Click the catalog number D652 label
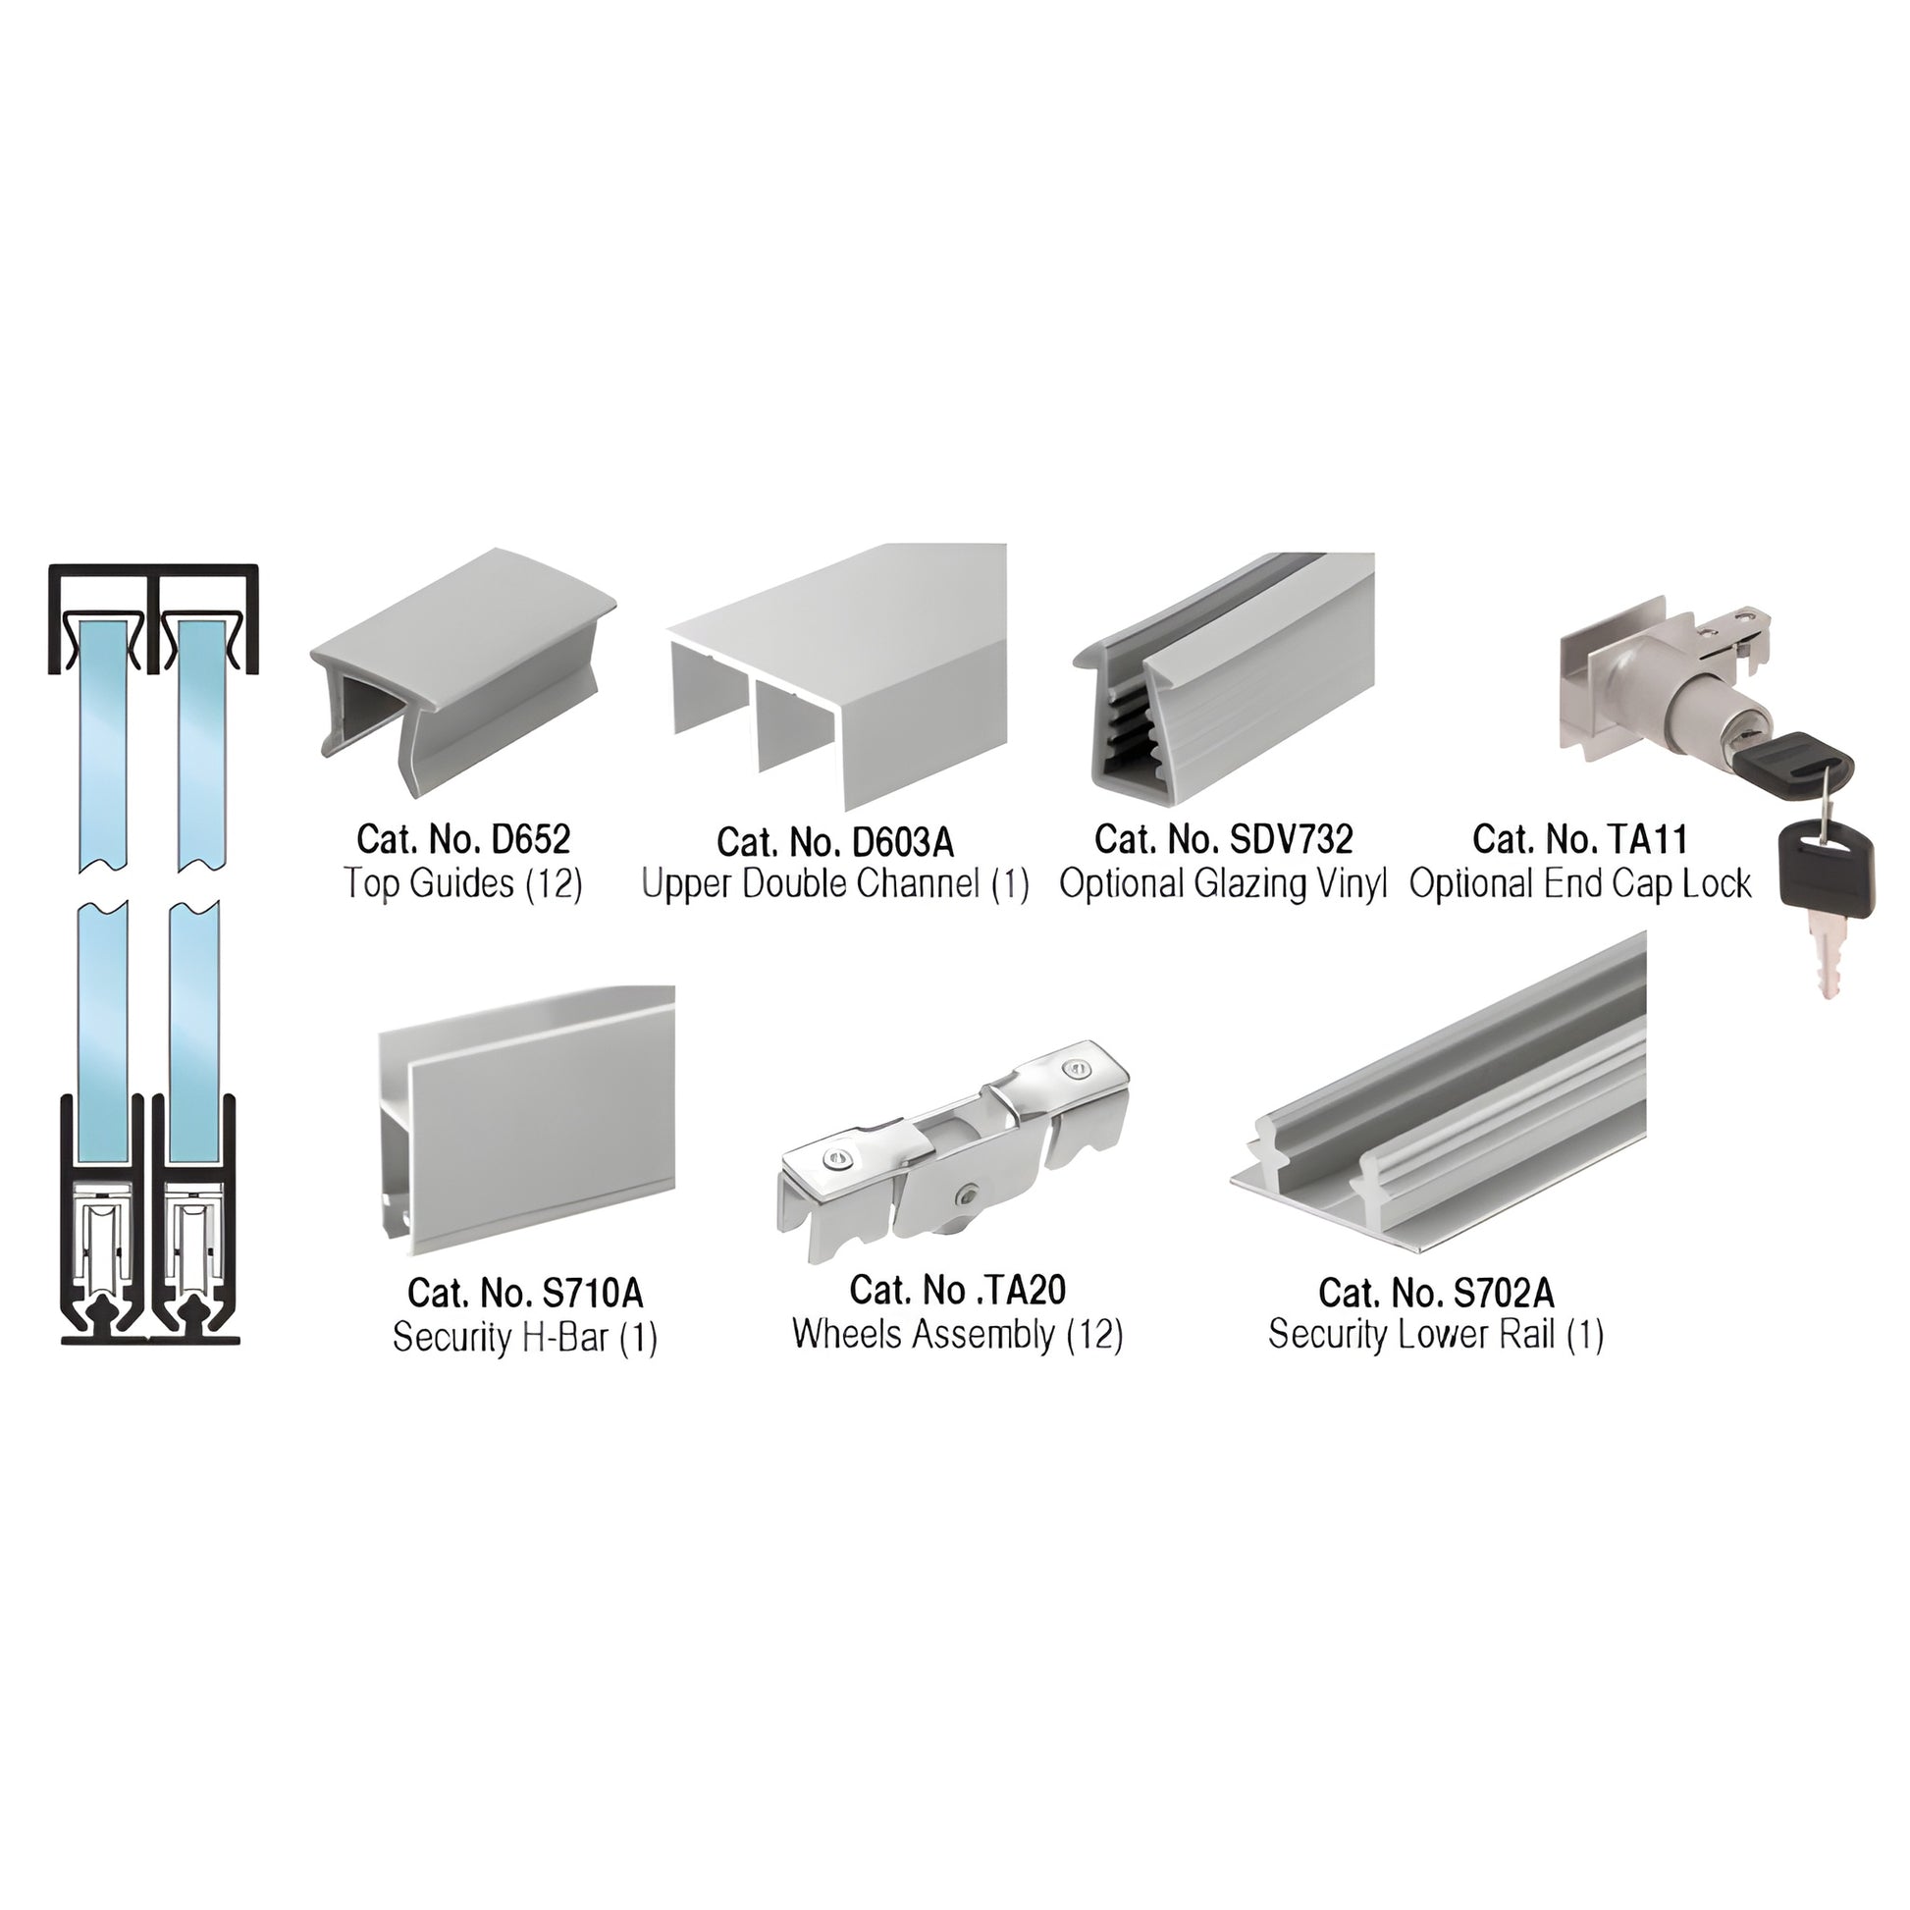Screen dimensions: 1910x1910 [462, 839]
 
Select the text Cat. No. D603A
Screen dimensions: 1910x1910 [835, 842]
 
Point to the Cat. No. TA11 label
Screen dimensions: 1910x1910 [1580, 839]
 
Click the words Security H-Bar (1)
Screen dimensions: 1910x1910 [525, 1338]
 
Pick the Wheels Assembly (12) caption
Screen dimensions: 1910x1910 [957, 1335]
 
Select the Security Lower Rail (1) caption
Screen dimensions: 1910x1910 [1436, 1335]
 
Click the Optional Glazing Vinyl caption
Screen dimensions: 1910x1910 [1223, 883]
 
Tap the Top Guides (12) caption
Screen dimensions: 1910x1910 [462, 882]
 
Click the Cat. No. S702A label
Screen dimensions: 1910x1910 [1436, 1292]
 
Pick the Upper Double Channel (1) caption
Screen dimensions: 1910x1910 [835, 883]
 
